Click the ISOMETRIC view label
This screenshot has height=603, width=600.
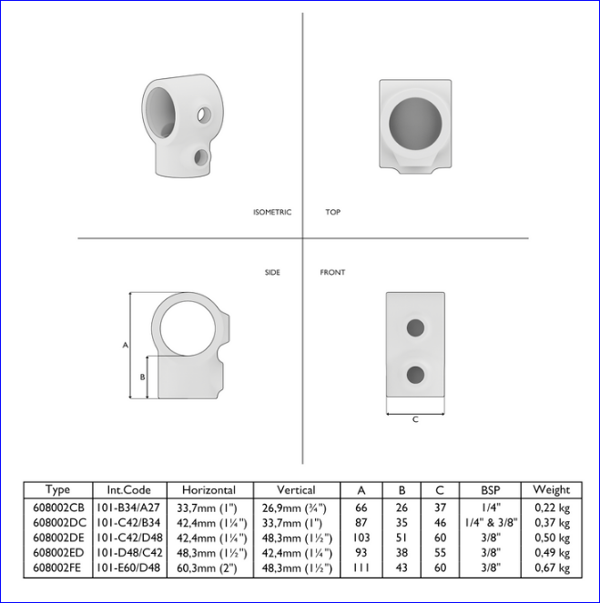coord(272,212)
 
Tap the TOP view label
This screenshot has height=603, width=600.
coord(333,212)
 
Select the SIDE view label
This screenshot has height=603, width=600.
coord(272,272)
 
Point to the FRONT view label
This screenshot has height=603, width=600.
coord(332,272)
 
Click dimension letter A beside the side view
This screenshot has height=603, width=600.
coord(125,346)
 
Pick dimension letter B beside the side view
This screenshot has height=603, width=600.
coord(142,377)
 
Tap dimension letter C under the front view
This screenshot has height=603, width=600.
coord(415,419)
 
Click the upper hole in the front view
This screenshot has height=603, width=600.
coord(416,328)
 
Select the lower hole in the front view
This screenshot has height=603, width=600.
coord(416,375)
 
